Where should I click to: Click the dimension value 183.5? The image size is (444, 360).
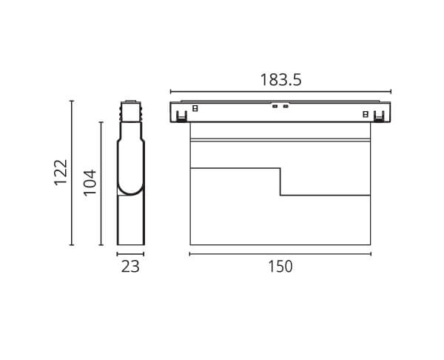[x=281, y=80]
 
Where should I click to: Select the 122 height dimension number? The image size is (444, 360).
[x=61, y=173]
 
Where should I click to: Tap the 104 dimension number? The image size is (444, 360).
[x=90, y=182]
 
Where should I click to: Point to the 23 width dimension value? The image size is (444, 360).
[x=130, y=267]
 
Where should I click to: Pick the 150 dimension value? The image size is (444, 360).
[x=280, y=267]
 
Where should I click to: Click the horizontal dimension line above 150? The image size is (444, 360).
[x=280, y=254]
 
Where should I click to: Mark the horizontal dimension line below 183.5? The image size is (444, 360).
[x=280, y=92]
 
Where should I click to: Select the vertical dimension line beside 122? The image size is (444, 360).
[x=72, y=173]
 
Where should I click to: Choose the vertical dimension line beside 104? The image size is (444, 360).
[x=101, y=184]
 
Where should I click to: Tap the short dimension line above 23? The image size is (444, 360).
[x=130, y=254]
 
